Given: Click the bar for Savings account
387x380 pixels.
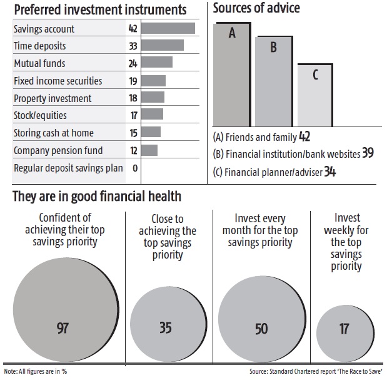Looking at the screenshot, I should [169, 28].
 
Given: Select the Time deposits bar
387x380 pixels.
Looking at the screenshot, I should [163, 46].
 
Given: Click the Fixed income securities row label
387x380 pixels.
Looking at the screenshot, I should [58, 81].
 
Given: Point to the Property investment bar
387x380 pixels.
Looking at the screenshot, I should [154, 98].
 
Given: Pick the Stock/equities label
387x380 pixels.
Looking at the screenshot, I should [40, 115].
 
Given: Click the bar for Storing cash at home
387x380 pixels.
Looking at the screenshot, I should [152, 133].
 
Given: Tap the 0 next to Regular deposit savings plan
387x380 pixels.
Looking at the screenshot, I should [134, 168].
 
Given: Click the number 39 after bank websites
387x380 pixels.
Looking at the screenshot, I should [368, 153].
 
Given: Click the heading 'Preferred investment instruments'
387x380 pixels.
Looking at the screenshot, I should [99, 10].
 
